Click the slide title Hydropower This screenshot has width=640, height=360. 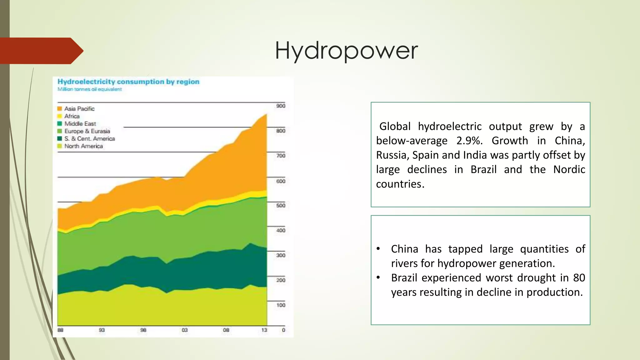point(346,51)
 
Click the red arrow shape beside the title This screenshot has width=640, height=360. point(41,51)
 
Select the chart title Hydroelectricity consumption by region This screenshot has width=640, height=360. point(128,82)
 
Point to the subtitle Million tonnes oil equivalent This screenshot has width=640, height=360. point(89,89)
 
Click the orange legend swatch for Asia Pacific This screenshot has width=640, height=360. point(60,109)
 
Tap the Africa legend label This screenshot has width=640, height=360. point(72,116)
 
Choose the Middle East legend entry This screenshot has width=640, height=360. point(80,124)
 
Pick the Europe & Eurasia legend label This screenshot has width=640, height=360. point(87,131)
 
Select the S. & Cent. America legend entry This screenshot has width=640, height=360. point(89,139)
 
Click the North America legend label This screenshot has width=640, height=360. point(83,146)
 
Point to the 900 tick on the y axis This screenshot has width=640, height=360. point(281,106)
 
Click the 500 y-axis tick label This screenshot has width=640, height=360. point(281,206)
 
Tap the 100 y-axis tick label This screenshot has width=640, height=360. point(281,305)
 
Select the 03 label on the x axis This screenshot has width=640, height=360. point(185,330)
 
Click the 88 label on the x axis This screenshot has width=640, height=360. point(61,330)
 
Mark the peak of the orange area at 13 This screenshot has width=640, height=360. point(266,115)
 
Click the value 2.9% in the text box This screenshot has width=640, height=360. point(469,141)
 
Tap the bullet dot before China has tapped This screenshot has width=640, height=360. point(378,249)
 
